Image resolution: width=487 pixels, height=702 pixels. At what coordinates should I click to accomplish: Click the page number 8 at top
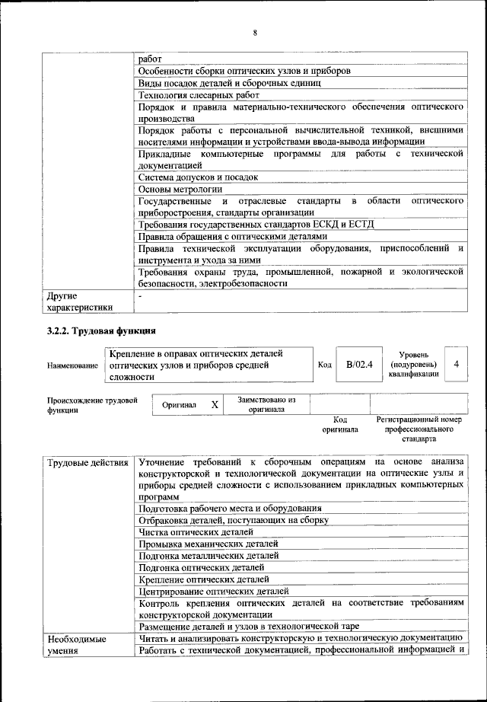coord(255,32)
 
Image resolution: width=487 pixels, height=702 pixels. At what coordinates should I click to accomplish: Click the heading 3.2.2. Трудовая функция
coord(101,331)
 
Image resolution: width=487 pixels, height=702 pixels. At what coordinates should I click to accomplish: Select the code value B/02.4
coord(359,365)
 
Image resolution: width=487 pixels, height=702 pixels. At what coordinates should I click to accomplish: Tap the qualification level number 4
coord(456,365)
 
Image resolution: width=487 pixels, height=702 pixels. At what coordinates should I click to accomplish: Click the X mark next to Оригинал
coord(215,405)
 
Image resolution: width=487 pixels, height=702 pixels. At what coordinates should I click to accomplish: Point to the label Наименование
coord(73,366)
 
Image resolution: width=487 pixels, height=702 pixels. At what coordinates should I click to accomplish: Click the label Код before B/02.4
coord(324,365)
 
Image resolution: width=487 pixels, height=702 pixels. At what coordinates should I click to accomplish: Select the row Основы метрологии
coord(180,188)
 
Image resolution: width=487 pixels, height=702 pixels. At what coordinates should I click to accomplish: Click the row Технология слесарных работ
coord(199,95)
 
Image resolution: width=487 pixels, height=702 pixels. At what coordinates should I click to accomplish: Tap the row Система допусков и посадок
coord(198,177)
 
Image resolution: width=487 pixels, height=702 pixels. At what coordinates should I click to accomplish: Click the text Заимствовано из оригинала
coord(266,404)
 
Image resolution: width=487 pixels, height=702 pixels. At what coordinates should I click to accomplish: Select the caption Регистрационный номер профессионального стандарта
coord(419,429)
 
